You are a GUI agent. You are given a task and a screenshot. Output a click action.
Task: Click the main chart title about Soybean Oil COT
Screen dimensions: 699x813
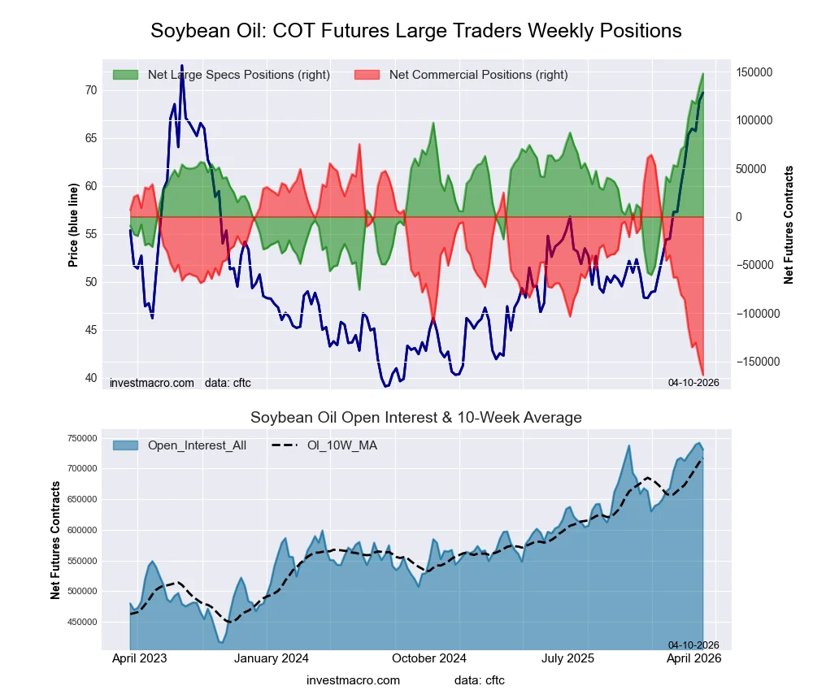click(x=415, y=31)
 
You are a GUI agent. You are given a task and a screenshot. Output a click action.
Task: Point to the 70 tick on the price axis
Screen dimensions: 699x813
click(x=89, y=90)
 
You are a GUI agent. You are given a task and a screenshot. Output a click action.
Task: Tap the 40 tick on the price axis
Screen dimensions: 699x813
click(x=89, y=378)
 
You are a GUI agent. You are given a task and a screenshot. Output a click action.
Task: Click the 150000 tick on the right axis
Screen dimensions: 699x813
click(x=754, y=72)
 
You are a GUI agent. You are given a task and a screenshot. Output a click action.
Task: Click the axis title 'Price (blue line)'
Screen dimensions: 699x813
click(x=73, y=224)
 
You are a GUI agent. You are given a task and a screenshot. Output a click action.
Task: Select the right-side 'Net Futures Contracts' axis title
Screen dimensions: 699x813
click(x=788, y=224)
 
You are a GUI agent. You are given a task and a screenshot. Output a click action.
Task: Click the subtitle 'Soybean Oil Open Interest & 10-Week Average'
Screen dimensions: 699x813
click(x=415, y=418)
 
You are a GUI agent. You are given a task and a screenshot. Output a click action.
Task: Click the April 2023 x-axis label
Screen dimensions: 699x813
click(x=139, y=658)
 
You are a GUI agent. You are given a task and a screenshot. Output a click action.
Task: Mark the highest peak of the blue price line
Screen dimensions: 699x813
click(x=181, y=66)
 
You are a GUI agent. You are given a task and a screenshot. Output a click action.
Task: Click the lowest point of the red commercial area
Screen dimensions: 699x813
click(x=702, y=375)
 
